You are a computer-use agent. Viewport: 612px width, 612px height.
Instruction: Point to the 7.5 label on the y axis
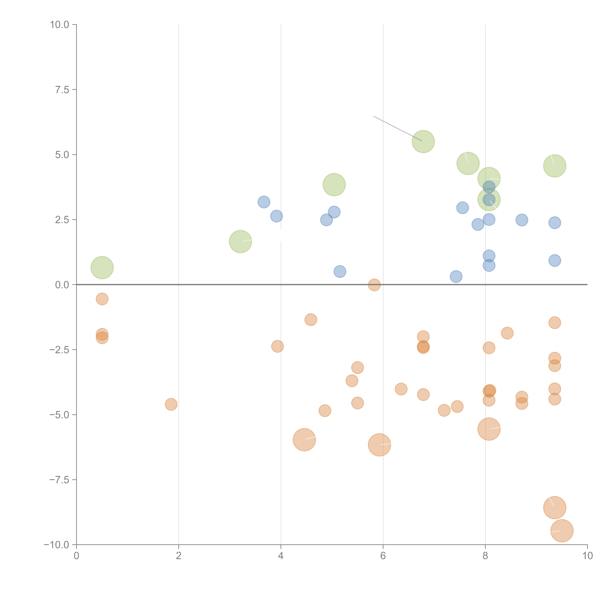coord(62,90)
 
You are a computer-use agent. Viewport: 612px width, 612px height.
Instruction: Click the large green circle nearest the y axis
coord(102,268)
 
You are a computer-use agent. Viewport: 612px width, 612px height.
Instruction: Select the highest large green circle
coord(423,142)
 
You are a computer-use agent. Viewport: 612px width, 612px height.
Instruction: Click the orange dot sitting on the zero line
coord(374,285)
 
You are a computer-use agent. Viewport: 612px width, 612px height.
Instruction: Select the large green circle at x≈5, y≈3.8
coord(334,185)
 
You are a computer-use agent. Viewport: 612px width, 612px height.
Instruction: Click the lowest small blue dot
coord(456,277)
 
